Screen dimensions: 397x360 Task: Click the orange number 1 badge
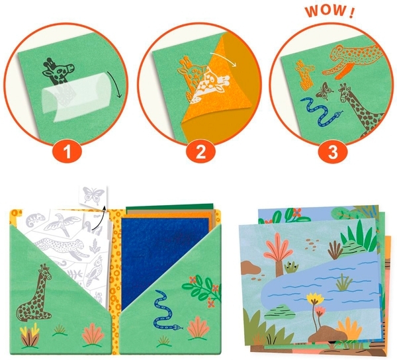(67, 152)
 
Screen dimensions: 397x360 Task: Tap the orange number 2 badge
(200, 152)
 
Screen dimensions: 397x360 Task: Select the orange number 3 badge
(333, 152)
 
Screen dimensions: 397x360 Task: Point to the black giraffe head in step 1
(58, 71)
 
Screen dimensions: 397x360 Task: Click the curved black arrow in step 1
(115, 84)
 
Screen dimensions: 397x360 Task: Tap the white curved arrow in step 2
(224, 59)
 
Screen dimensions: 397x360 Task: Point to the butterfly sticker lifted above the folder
(93, 195)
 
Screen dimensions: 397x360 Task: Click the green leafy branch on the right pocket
(202, 291)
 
